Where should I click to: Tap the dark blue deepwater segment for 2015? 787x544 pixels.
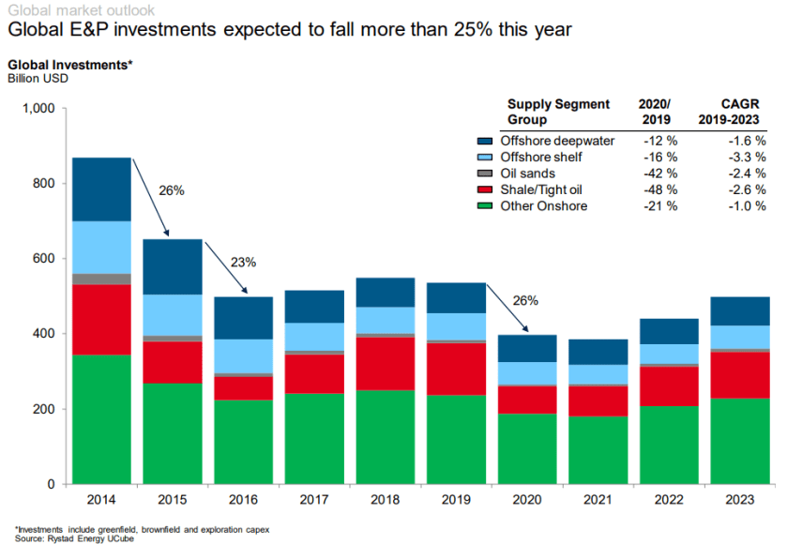click(172, 266)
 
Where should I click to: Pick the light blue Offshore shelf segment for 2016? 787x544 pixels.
click(242, 355)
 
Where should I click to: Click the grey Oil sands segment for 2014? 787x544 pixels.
click(101, 279)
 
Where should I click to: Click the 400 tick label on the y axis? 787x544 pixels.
click(45, 334)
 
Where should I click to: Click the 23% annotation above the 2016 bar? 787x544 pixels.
click(243, 263)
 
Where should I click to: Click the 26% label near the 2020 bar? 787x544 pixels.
click(526, 301)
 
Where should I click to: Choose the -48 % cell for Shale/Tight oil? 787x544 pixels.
click(657, 189)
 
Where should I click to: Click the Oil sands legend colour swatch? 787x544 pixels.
click(485, 174)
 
